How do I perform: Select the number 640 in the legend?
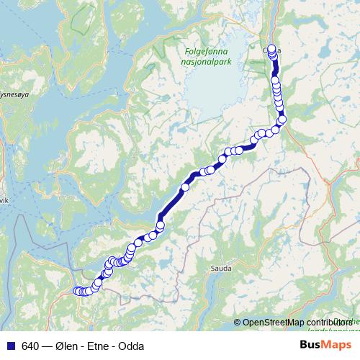click(x=30, y=346)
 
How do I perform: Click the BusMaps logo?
click(x=326, y=345)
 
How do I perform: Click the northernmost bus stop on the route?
click(x=272, y=49)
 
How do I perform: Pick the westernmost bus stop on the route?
click(x=77, y=291)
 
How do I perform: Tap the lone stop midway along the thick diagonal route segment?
click(x=185, y=187)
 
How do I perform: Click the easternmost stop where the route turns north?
click(x=282, y=120)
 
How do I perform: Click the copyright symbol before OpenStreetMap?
click(x=237, y=322)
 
